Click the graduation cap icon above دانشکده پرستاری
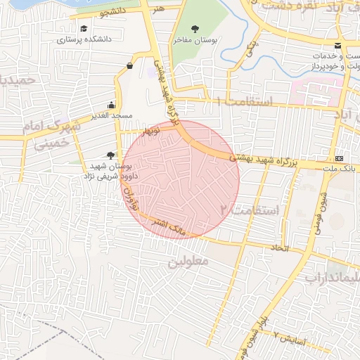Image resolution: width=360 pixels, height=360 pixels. click(84, 29)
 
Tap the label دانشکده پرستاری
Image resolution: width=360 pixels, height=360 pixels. click(84, 39)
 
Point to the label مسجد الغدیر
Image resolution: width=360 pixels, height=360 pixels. click(112, 115)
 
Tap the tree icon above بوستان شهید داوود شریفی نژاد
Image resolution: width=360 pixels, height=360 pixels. click(110, 155)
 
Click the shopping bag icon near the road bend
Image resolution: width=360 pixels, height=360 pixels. click(129, 66)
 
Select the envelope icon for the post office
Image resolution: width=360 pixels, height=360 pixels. click(340, 46)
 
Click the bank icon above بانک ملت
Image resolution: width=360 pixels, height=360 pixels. click(340, 157)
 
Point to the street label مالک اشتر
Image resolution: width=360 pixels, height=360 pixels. click(172, 229)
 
